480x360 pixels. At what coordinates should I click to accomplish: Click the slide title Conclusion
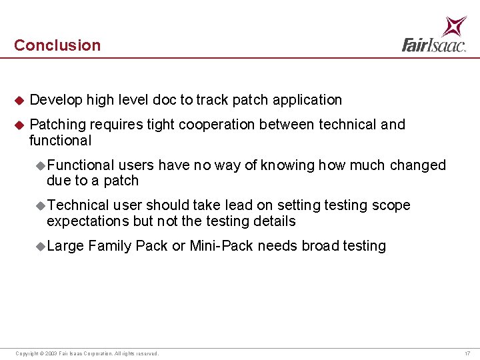57,45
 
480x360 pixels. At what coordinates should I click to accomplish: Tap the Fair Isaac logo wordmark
433,45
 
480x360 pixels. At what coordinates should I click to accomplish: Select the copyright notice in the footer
87,353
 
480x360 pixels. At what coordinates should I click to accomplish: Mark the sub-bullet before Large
41,247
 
